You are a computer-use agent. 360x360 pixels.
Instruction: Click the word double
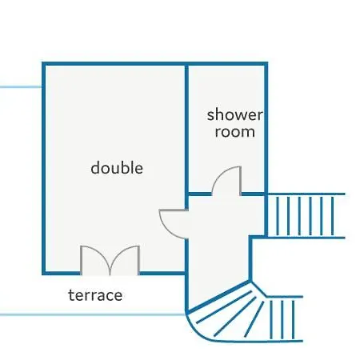(x=117, y=168)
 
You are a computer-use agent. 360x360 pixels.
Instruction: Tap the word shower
(x=234, y=114)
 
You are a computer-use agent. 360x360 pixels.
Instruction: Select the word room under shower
(x=234, y=132)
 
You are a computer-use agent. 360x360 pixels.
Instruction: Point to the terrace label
(x=95, y=295)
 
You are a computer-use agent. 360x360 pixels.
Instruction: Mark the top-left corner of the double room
(x=44, y=64)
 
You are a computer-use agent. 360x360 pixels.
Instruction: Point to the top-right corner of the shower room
(x=266, y=64)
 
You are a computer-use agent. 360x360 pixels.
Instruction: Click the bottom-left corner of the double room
(x=44, y=273)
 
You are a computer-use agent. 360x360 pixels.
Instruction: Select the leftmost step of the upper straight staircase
(x=278, y=216)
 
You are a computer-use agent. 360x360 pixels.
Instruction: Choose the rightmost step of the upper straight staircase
(x=333, y=216)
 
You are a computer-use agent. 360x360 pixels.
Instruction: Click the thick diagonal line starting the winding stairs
(x=218, y=296)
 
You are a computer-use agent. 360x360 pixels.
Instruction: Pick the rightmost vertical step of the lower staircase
(x=293, y=320)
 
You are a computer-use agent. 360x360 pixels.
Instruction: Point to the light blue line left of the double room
(x=21, y=87)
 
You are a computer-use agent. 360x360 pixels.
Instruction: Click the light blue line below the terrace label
(x=93, y=314)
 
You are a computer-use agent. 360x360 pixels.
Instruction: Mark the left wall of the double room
(x=44, y=169)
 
